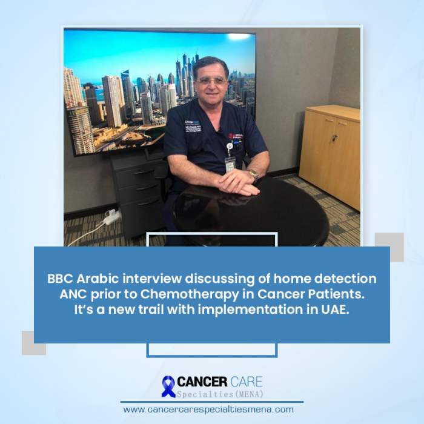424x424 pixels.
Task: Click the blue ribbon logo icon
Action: click(168, 386)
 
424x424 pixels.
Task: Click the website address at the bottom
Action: click(208, 409)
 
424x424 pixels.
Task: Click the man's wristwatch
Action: click(253, 175)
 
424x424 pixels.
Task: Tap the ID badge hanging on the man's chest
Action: click(230, 164)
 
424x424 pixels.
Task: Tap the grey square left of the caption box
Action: click(33, 343)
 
